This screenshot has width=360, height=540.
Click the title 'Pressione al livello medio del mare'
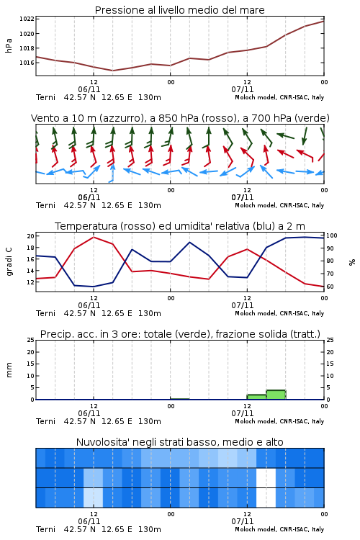179,10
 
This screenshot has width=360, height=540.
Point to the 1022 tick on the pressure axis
27,19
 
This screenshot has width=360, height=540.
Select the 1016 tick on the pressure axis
27,63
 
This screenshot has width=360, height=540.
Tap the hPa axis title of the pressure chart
9,46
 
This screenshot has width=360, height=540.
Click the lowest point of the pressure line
112,71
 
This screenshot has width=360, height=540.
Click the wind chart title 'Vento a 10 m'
64,118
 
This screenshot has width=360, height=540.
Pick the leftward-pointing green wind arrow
286,136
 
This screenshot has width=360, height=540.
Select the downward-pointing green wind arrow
305,136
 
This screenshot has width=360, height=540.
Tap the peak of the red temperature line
94,237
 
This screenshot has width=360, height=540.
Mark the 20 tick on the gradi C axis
31,236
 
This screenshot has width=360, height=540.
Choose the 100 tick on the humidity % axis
332,236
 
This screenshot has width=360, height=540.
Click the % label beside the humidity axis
352,262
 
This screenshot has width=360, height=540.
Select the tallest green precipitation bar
276,395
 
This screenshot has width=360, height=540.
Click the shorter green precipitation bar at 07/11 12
256,397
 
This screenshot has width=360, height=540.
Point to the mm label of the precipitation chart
9,370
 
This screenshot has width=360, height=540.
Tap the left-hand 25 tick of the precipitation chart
31,340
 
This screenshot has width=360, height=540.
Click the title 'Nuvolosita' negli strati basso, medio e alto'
179,442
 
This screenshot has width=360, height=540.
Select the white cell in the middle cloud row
266,477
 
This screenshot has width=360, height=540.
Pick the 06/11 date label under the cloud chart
89,521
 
